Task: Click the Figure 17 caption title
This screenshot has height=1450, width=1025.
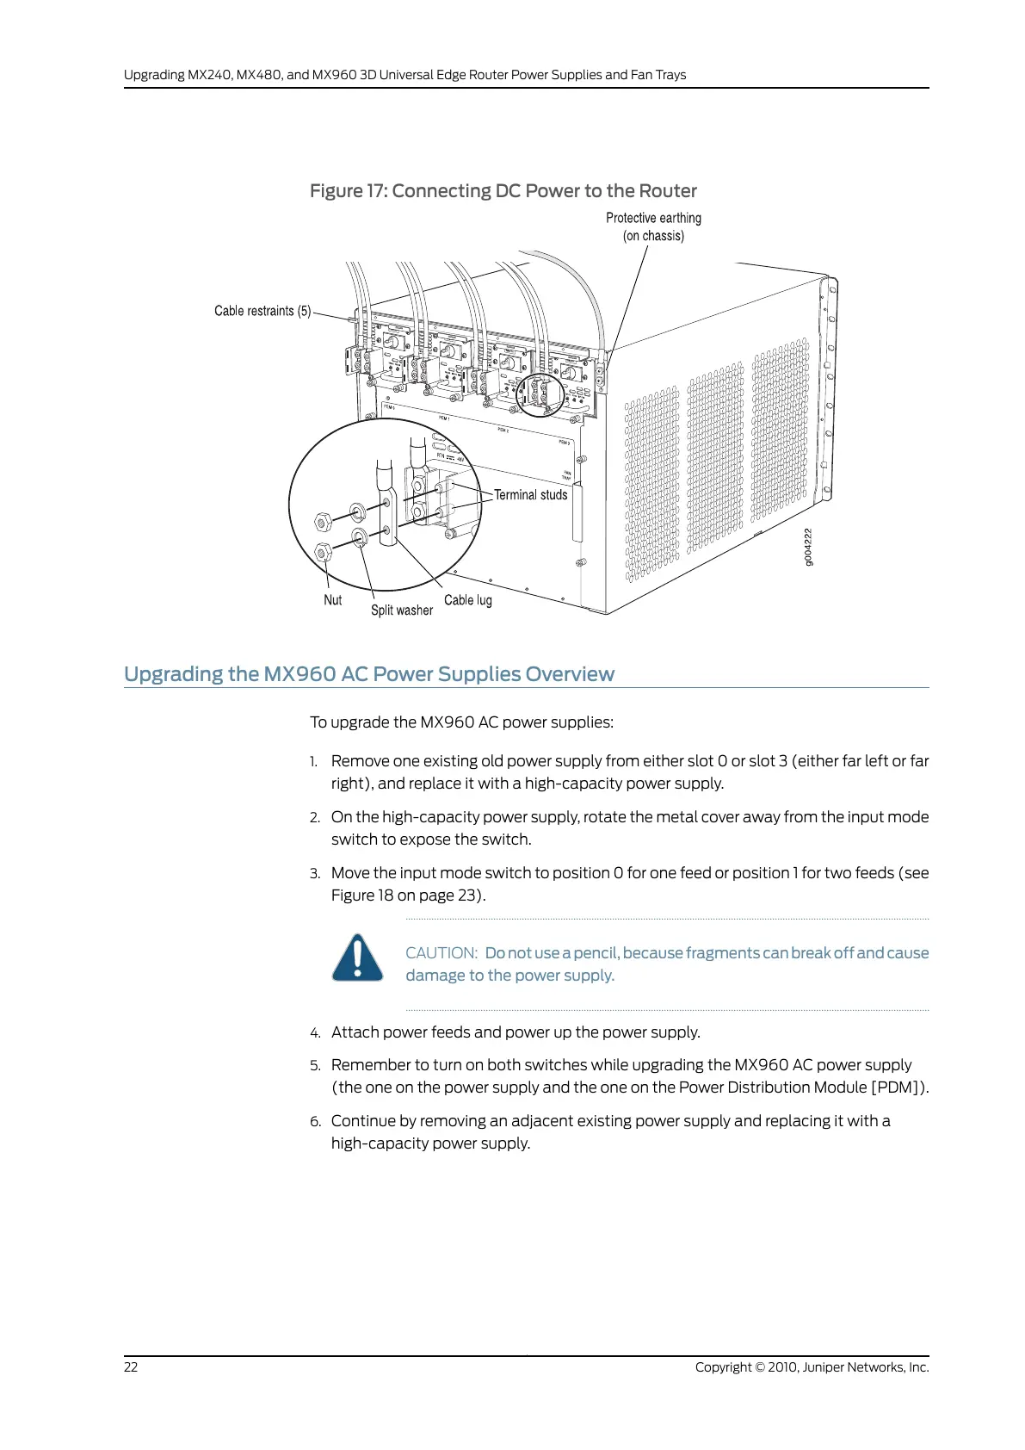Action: pyautogui.click(x=503, y=191)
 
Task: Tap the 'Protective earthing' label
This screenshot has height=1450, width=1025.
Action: pyautogui.click(x=653, y=219)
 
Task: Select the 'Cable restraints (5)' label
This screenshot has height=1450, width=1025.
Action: pyautogui.click(x=262, y=311)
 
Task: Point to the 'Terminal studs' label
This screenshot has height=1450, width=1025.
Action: pyautogui.click(x=530, y=495)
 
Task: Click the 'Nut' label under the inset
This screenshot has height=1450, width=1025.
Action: pyautogui.click(x=332, y=600)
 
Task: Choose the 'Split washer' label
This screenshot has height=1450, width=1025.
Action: pyautogui.click(x=401, y=610)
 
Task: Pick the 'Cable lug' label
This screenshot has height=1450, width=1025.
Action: pyautogui.click(x=467, y=600)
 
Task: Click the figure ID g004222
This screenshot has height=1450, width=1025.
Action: pyautogui.click(x=807, y=548)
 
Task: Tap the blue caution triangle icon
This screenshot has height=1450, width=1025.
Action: pyautogui.click(x=357, y=957)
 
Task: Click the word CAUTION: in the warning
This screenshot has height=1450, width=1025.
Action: pyautogui.click(x=441, y=953)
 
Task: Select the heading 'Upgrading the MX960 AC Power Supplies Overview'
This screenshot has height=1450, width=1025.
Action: pyautogui.click(x=369, y=674)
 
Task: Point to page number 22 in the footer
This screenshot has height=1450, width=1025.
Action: pyautogui.click(x=131, y=1367)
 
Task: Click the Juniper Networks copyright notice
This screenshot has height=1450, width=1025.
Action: pyautogui.click(x=812, y=1367)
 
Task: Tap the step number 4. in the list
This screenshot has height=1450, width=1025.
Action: pyautogui.click(x=315, y=1032)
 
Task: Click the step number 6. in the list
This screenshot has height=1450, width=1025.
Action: pyautogui.click(x=315, y=1121)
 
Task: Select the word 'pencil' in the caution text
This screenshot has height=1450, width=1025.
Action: pyautogui.click(x=596, y=953)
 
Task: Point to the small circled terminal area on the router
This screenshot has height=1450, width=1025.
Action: pyautogui.click(x=540, y=395)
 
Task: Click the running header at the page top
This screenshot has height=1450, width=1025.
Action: pyautogui.click(x=404, y=75)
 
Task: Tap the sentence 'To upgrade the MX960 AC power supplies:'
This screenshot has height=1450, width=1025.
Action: pyautogui.click(x=461, y=722)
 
